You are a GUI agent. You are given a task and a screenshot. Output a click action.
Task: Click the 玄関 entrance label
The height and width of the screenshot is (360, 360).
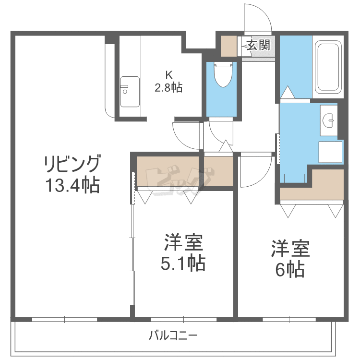point(258,46)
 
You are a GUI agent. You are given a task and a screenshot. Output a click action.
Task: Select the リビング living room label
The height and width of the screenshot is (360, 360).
point(72,164)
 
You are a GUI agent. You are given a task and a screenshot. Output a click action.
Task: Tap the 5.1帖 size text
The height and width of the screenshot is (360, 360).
point(184,263)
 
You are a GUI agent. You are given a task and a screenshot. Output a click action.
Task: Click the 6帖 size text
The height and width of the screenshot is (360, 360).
point(289,270)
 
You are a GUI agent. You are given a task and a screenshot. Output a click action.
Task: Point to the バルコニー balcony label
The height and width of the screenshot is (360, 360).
point(173,335)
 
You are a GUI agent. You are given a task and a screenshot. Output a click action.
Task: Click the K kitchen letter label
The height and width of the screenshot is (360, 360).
point(168,75)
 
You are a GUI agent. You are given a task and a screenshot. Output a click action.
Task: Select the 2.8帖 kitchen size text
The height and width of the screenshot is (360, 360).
point(168,88)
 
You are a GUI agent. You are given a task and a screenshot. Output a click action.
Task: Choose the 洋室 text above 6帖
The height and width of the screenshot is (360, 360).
point(289,250)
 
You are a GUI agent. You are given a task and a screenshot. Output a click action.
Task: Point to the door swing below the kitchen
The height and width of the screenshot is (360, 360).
point(185,134)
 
